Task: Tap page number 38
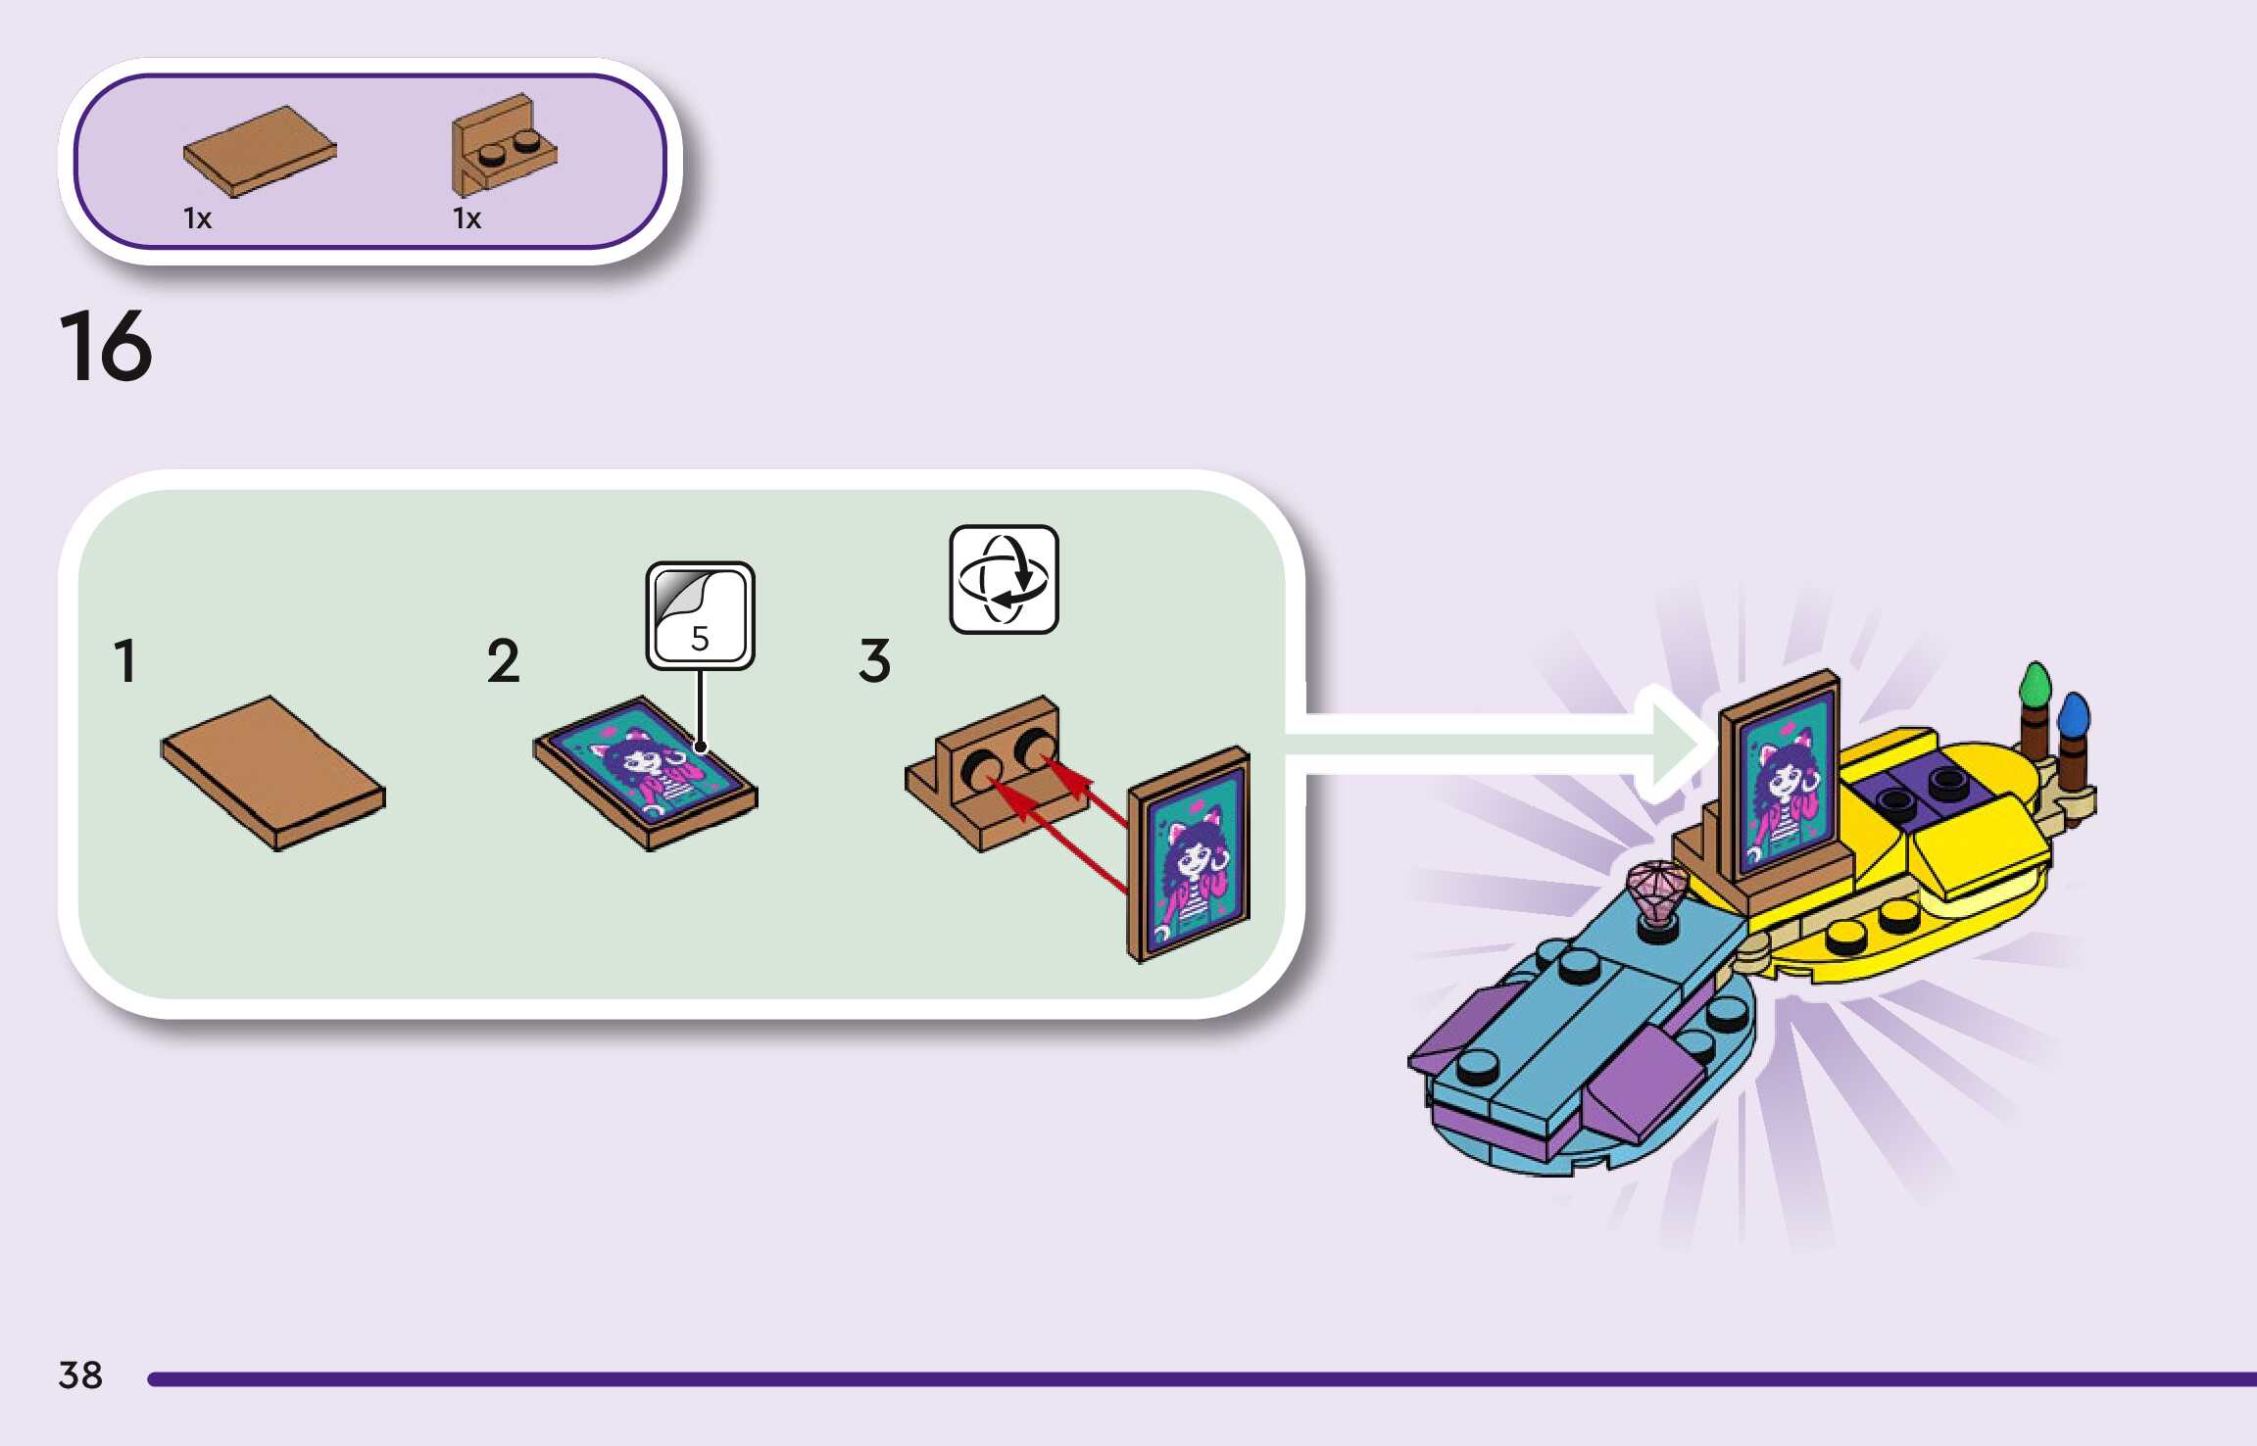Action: (80, 1374)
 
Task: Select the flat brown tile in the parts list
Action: (260, 150)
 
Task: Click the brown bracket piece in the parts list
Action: (503, 145)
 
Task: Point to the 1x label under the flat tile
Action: (197, 218)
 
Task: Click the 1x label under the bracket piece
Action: (466, 218)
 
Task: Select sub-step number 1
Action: (124, 660)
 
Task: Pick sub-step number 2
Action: (503, 660)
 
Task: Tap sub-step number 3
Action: (874, 660)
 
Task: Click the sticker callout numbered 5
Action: (700, 616)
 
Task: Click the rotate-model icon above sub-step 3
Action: (1004, 579)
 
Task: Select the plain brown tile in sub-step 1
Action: (273, 773)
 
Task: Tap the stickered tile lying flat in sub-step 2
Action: (645, 773)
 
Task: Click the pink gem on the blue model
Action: (1657, 892)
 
